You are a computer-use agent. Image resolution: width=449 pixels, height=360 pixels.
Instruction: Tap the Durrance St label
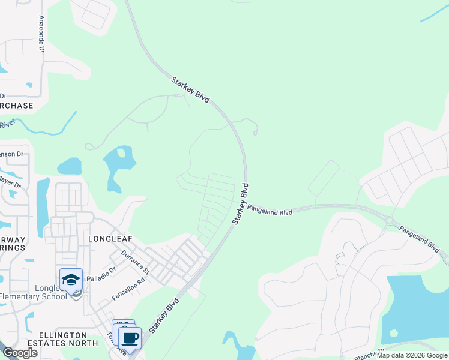point(136,262)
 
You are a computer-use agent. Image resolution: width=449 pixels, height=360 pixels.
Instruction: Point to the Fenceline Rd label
point(128,289)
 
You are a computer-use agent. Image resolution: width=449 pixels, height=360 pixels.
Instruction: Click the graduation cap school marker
point(71,280)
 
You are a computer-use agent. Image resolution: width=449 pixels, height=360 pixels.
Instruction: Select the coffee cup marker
point(130,337)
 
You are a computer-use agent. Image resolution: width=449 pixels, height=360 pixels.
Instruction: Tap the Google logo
point(20,353)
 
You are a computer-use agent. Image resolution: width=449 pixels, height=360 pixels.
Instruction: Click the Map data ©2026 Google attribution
point(412,355)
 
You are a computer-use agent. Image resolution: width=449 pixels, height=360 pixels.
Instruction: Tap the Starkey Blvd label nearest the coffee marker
point(164,315)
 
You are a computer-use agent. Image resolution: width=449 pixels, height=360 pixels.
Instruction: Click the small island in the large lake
point(393,332)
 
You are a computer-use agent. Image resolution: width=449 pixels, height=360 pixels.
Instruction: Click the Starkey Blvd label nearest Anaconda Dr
point(190,89)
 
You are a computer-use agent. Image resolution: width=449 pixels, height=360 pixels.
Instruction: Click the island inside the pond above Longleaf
point(122,153)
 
